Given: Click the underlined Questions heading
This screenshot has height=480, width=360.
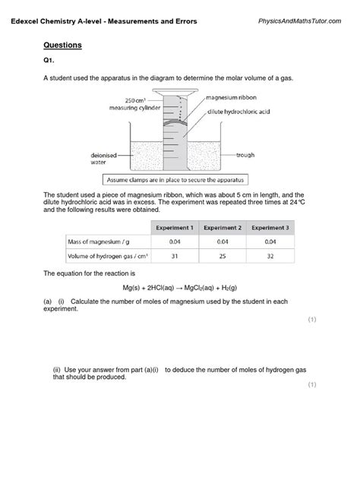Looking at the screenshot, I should (x=62, y=46).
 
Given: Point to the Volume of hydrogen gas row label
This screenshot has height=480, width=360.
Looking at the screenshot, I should (x=102, y=256).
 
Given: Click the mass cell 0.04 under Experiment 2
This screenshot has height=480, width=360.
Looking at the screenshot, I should (x=222, y=242).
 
